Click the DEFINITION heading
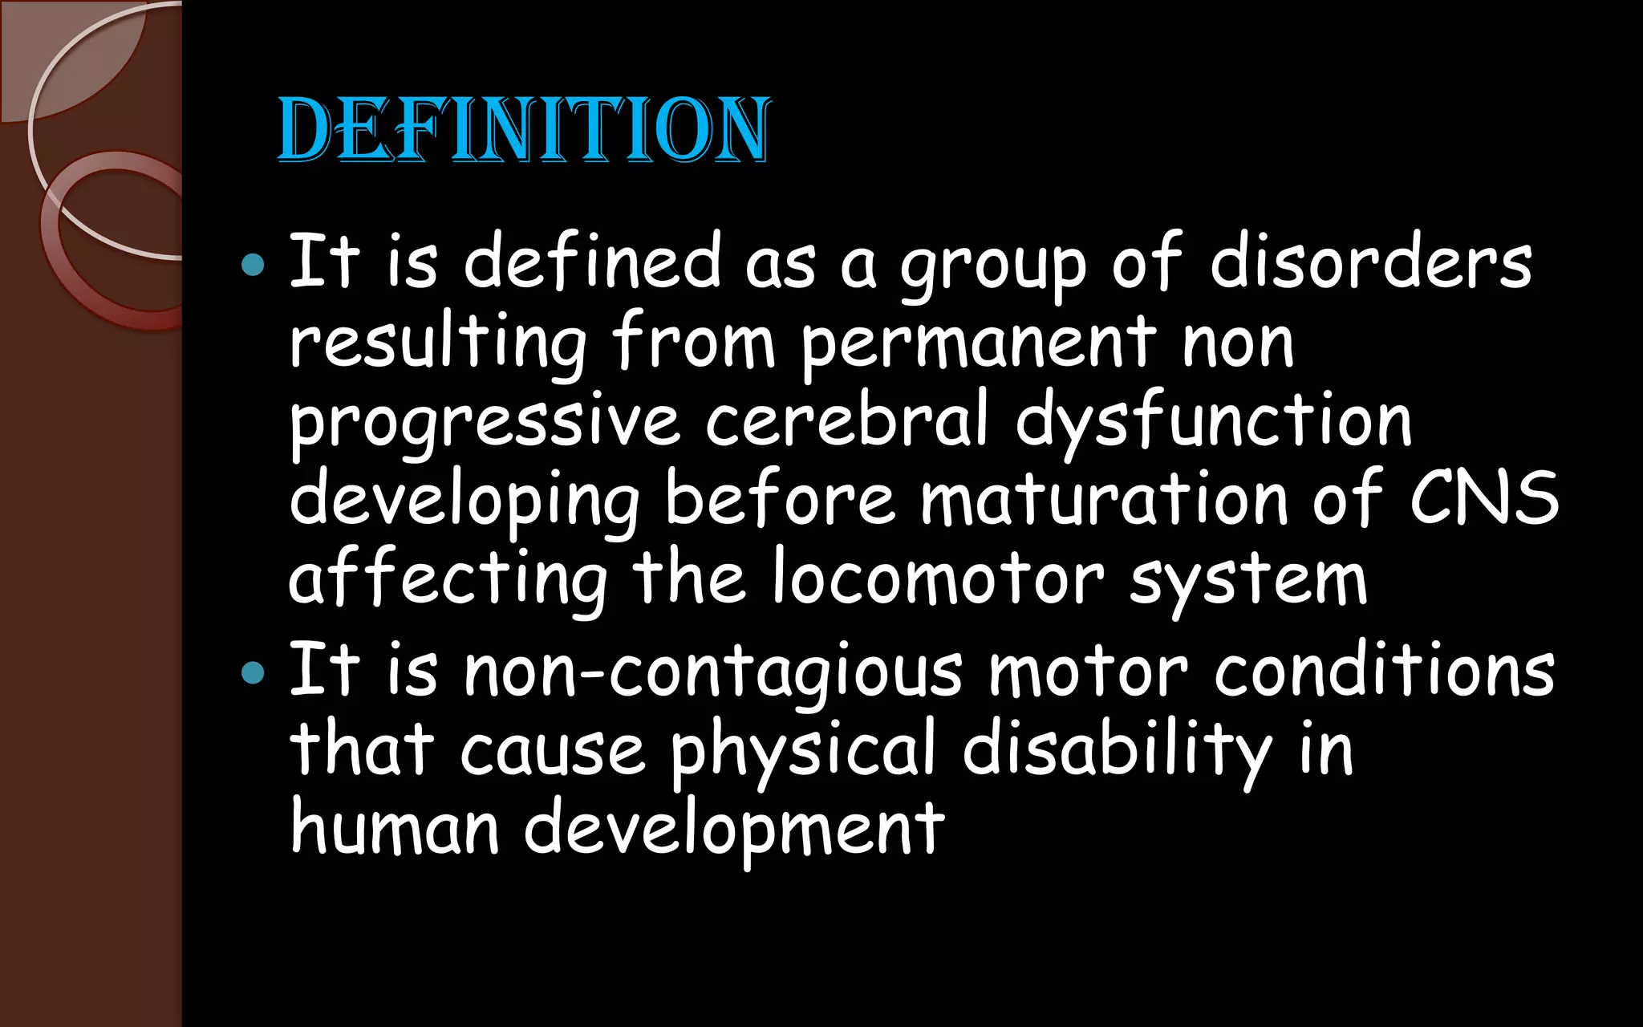tap(523, 130)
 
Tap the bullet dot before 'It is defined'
tap(253, 264)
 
